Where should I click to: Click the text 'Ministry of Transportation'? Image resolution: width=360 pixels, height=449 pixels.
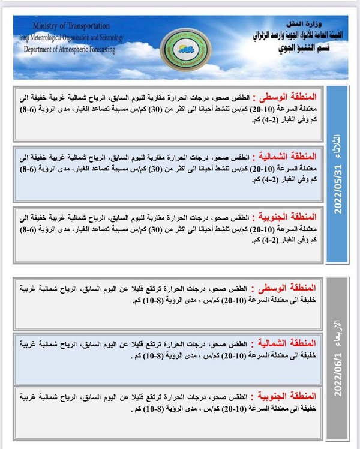[x=71, y=26]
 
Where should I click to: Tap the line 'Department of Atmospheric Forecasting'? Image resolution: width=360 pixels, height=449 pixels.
[x=70, y=50]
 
